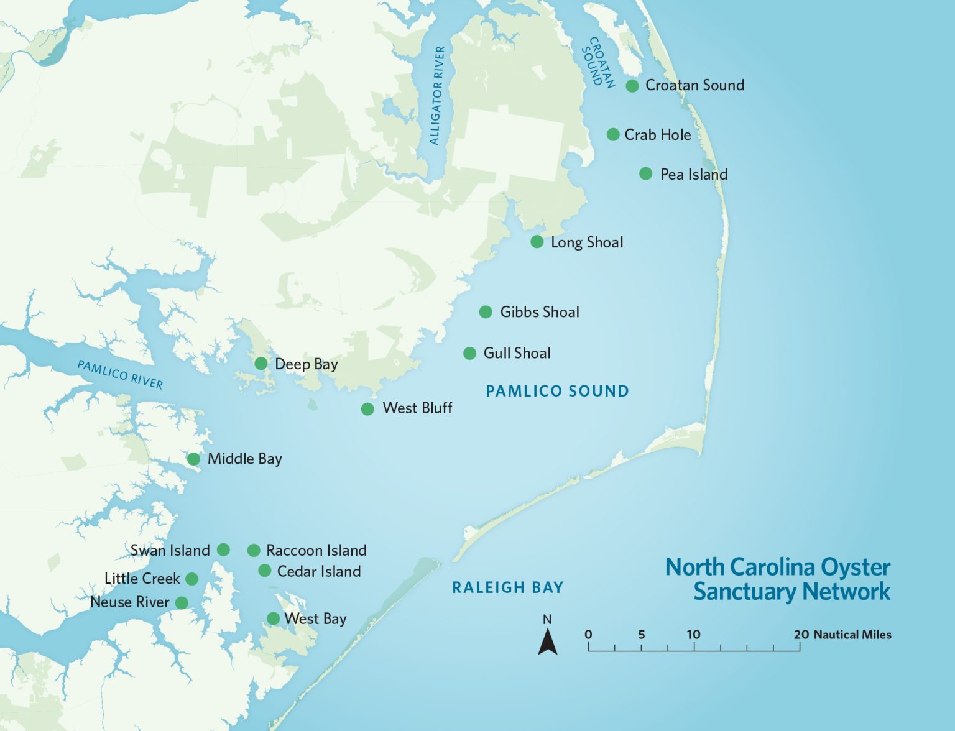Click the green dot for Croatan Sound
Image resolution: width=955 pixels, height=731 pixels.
[632, 86]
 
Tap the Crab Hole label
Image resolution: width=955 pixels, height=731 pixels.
[657, 135]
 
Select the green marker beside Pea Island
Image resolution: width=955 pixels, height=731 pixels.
[645, 174]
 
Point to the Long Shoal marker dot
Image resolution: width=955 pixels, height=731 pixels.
[537, 242]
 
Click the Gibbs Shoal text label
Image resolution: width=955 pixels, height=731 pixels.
[539, 312]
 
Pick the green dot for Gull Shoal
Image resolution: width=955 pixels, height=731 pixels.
[470, 354]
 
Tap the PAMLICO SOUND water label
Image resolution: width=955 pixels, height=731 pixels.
[557, 391]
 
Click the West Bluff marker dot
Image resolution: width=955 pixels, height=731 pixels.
[367, 409]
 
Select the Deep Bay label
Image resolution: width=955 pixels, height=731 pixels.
[306, 364]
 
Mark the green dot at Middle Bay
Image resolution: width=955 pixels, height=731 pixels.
[193, 459]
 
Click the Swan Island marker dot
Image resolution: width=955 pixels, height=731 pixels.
[223, 550]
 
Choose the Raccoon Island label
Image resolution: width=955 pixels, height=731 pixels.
[316, 551]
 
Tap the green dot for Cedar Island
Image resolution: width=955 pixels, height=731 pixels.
[264, 571]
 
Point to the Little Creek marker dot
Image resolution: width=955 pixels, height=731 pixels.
[192, 579]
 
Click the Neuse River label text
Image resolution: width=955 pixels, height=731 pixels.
[129, 602]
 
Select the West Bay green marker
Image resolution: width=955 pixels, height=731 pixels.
[273, 618]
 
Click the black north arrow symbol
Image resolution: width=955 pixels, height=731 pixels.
[547, 641]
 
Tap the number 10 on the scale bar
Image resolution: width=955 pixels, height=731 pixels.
[693, 635]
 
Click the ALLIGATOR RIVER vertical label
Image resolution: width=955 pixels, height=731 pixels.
[438, 96]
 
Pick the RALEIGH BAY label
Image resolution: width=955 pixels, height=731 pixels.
[507, 587]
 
